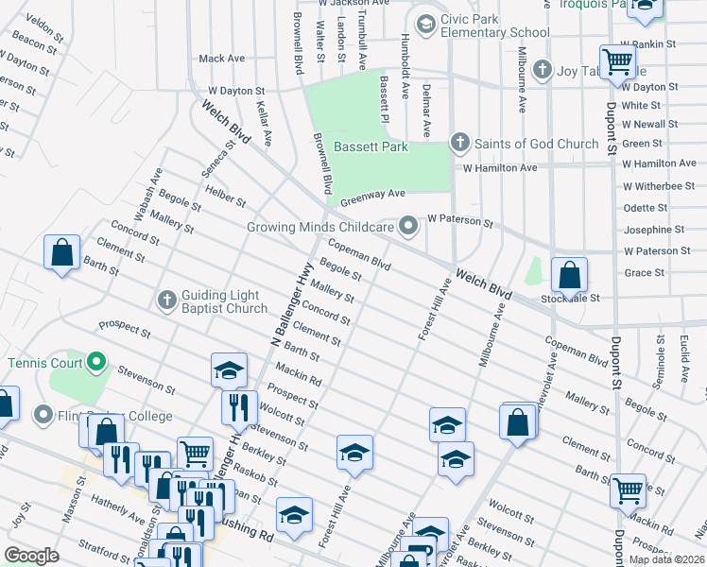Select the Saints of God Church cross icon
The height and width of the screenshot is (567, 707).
point(459,144)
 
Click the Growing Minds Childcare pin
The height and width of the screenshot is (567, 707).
point(407,227)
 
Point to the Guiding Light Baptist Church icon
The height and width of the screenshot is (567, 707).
point(166,300)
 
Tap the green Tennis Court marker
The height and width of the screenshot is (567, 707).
point(95,362)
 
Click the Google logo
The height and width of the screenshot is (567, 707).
point(32,556)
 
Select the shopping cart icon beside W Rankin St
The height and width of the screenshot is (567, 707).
point(617,61)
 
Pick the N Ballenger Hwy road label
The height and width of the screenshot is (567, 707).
point(290,301)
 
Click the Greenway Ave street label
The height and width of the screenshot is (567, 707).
point(372,195)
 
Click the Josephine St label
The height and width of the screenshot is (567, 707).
point(653,230)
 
